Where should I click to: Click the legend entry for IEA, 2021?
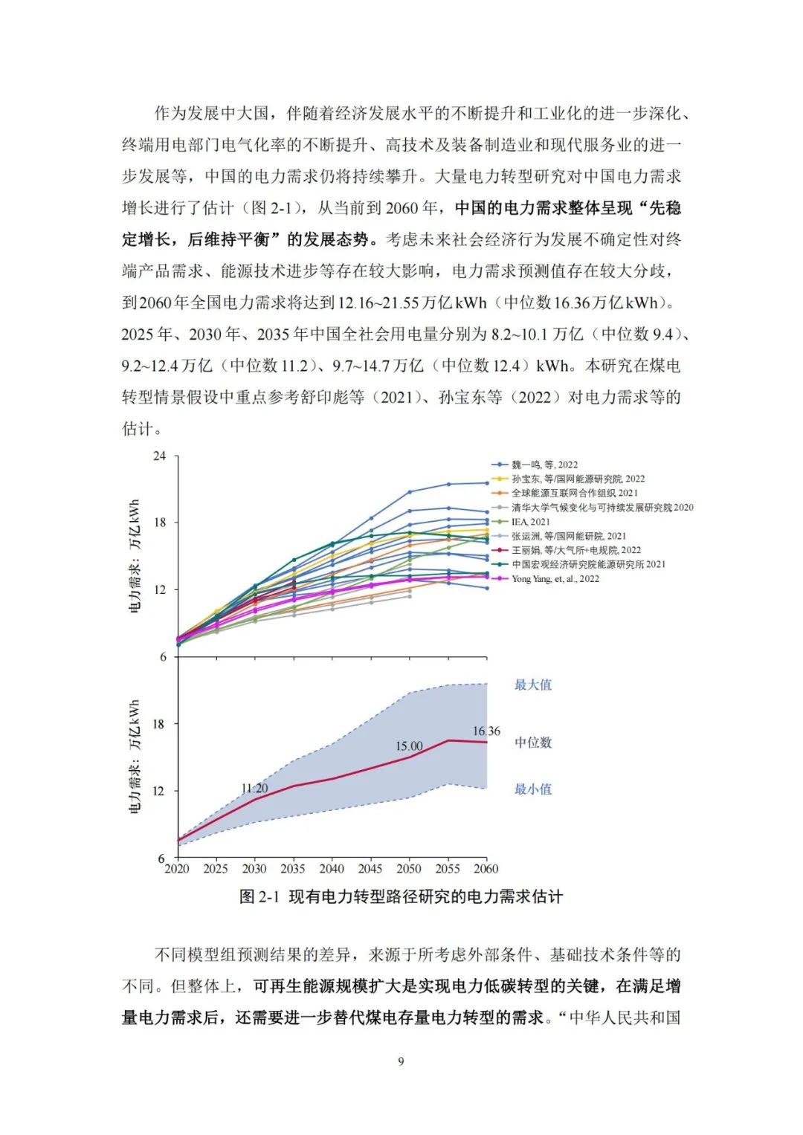[530, 522]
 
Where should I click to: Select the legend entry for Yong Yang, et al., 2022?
[555, 578]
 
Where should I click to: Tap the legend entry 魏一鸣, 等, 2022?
[544, 465]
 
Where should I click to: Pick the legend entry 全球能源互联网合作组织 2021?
[574, 493]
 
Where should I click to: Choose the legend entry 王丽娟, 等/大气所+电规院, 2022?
[575, 550]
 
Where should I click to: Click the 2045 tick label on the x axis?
[370, 868]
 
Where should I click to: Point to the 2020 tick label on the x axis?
[177, 868]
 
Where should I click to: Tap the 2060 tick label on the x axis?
[486, 868]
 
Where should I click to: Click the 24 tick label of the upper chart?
[159, 456]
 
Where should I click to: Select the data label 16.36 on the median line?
[486, 731]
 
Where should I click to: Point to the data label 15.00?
[409, 746]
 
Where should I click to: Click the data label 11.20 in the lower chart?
[254, 788]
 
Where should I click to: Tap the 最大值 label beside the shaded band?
[533, 685]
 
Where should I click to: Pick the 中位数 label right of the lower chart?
[533, 743]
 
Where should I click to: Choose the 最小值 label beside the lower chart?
[533, 789]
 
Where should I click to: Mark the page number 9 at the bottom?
[401, 1061]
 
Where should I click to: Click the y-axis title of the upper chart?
[135, 555]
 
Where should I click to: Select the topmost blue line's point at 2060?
[487, 483]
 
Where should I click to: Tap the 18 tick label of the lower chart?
[159, 724]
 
